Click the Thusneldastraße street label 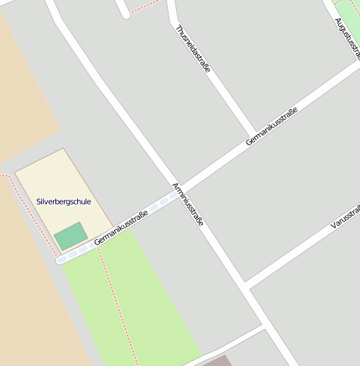192,49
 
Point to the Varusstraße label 345,217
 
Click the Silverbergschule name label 64,201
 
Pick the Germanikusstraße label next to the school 122,227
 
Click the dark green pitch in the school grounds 70,236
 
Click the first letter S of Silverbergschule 39,201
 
